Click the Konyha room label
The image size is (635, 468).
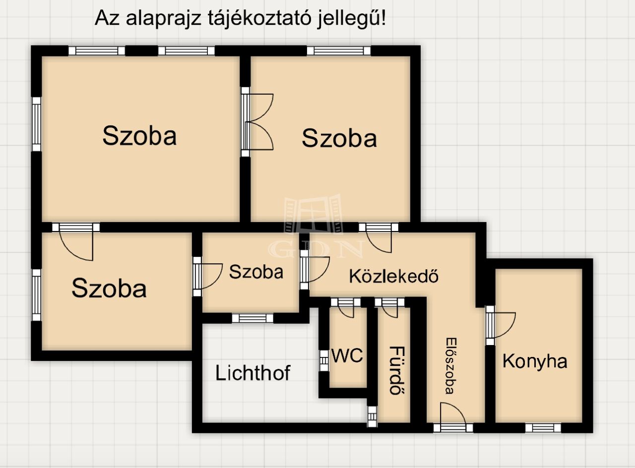535,361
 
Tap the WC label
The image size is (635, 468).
347,355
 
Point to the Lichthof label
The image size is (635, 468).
253,373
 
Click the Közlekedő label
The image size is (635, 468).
394,276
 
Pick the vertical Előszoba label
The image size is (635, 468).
451,366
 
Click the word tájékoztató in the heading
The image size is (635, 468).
259,18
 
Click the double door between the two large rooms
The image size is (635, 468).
257,122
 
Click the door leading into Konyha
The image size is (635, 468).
500,325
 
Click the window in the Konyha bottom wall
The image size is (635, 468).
543,428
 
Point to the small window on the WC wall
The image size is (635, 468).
324,360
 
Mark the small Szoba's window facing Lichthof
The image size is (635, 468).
253,318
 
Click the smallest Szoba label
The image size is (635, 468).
256,272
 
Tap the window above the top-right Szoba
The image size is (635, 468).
339,51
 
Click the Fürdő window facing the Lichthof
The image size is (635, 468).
372,416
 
